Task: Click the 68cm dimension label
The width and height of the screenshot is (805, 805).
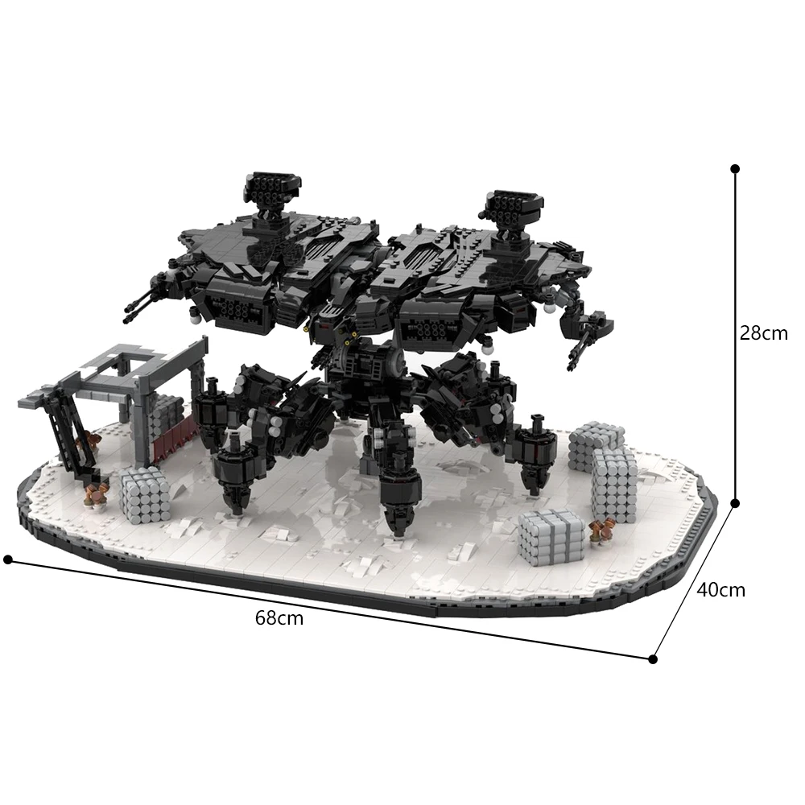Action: pos(279,618)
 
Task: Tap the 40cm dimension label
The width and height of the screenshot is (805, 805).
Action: pos(720,589)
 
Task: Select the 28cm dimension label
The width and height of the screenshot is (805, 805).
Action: pos(764,332)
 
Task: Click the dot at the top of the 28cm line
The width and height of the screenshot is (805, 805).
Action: pos(734,169)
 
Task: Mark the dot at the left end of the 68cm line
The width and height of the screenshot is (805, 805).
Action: pos(8,559)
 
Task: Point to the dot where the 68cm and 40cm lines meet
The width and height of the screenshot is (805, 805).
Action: pos(653,658)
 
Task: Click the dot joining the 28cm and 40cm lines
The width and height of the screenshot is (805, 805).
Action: pos(734,503)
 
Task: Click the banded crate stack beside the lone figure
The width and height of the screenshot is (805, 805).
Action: pos(551,535)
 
